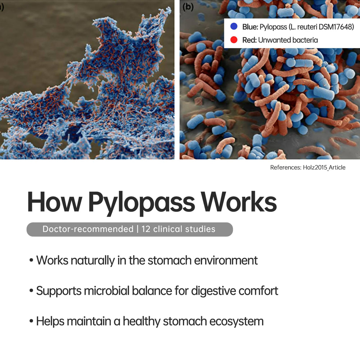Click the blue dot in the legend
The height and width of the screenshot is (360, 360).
coord(234,26)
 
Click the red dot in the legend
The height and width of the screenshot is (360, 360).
coord(234,40)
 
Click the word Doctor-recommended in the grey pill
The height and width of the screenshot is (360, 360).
coord(88,229)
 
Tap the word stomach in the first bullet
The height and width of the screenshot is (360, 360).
coord(170,260)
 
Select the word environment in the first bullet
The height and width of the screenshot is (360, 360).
coord(226,260)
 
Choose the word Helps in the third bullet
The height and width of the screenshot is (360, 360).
coord(51,321)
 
